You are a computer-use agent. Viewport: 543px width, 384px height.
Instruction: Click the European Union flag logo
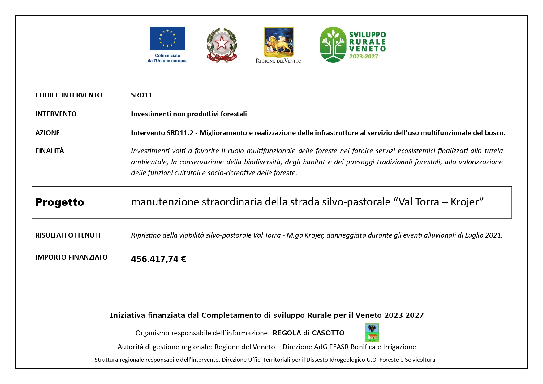(x=167, y=38)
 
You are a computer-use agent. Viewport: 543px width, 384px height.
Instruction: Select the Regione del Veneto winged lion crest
(x=278, y=42)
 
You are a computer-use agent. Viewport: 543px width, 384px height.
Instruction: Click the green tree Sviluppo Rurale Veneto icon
(x=333, y=45)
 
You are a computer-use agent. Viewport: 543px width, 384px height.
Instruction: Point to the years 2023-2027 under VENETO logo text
(x=364, y=57)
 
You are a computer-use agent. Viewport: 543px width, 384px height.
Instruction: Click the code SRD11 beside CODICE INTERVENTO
(x=141, y=95)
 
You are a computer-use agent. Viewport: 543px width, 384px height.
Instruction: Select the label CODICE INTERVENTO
(x=69, y=95)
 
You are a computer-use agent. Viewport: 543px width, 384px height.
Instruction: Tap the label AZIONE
(x=47, y=133)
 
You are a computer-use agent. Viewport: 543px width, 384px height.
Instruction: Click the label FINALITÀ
(x=50, y=151)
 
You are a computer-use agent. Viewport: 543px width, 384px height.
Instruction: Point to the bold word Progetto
(x=60, y=202)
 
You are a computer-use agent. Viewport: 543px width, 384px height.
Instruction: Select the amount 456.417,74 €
(x=158, y=259)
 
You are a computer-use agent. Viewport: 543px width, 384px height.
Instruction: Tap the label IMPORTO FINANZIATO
(x=71, y=257)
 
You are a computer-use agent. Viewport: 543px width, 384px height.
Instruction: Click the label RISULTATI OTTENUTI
(x=68, y=235)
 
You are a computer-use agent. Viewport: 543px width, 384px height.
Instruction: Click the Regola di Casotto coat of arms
(x=372, y=333)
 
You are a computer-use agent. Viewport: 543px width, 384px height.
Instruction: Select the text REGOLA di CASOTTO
(x=308, y=333)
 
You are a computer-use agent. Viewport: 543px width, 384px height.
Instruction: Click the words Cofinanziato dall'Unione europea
(x=167, y=58)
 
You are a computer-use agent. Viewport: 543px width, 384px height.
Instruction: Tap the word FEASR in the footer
(x=339, y=347)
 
